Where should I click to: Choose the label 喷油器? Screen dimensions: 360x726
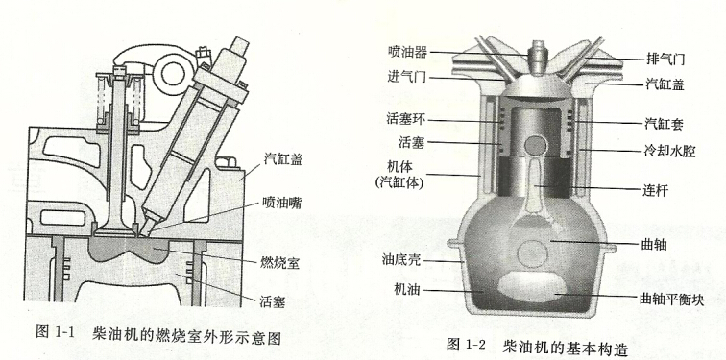(x=406, y=50)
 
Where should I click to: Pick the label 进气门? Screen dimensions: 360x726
(x=406, y=76)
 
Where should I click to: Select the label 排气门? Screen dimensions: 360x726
(x=665, y=57)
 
